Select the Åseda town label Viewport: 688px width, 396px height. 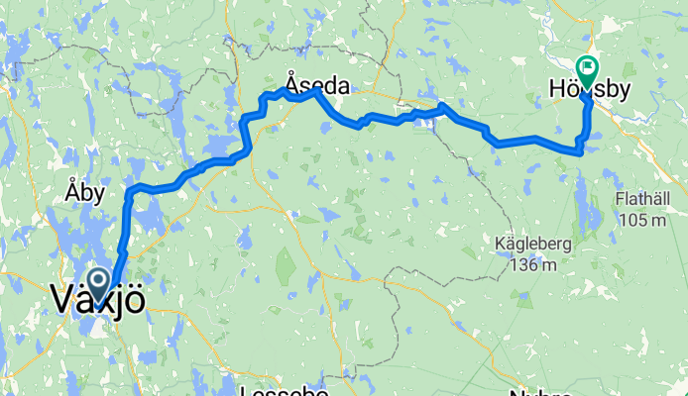pos(316,86)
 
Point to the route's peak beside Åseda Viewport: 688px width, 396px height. pos(316,91)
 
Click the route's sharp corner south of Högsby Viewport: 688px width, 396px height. pos(579,150)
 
